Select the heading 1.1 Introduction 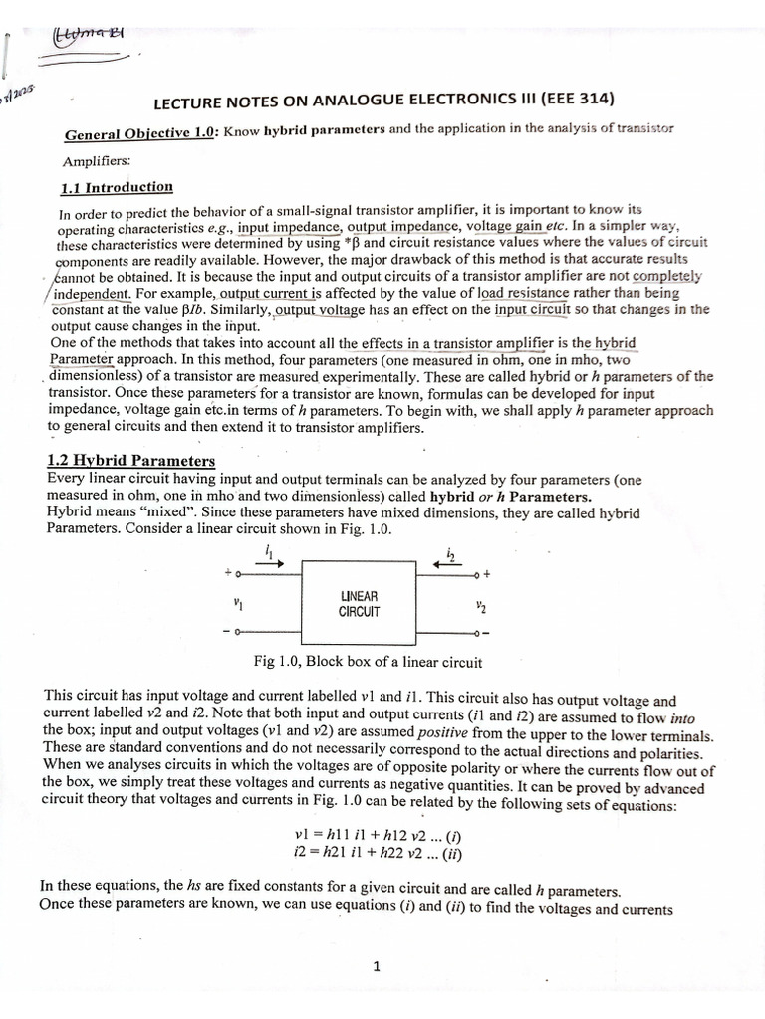(117, 187)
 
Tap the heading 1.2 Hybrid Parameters (130, 461)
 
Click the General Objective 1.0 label (140, 133)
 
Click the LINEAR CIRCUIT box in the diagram (360, 603)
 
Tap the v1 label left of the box (237, 602)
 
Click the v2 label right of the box (481, 604)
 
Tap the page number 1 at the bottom (377, 965)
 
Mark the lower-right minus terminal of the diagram (485, 633)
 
